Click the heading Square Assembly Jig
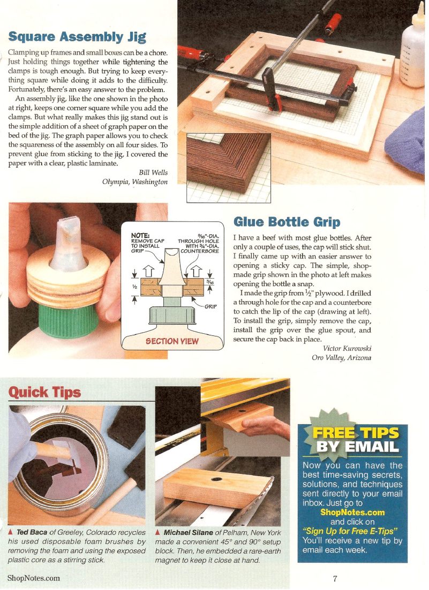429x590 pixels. click(77, 37)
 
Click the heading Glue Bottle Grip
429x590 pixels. click(287, 221)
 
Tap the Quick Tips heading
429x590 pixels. click(44, 392)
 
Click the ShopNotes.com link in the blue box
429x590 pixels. click(352, 512)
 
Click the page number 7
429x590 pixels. click(335, 578)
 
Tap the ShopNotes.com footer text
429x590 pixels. click(34, 578)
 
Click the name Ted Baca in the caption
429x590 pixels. click(32, 533)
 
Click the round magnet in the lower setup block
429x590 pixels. click(219, 478)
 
